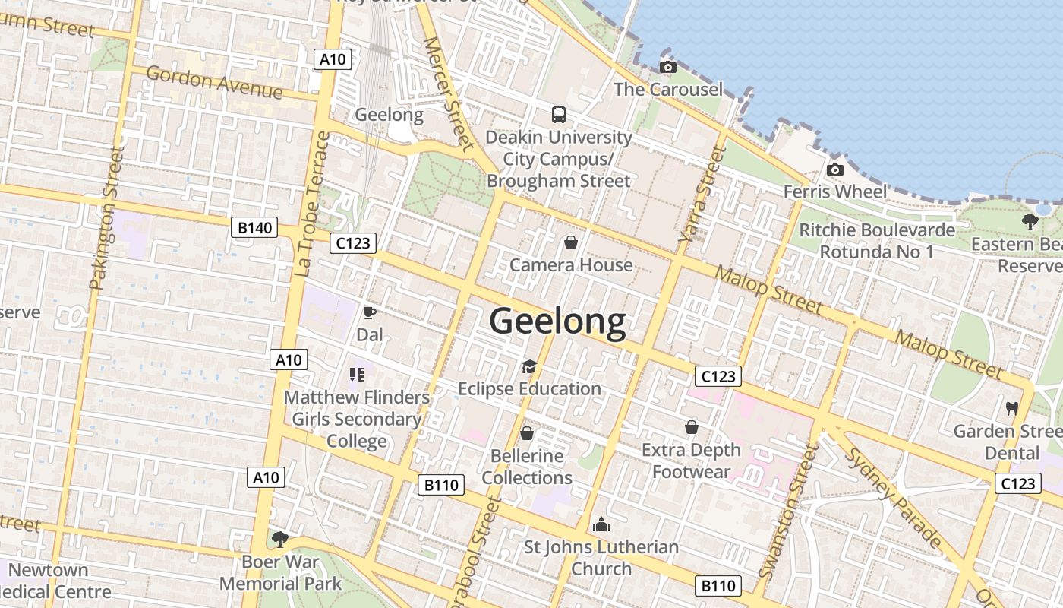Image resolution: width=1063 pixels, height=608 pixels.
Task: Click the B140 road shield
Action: coord(254,227)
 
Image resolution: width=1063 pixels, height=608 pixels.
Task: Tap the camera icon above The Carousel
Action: coord(668,68)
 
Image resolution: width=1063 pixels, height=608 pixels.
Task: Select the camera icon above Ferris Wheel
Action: coord(835,169)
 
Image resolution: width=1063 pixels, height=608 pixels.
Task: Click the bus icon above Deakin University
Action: coord(559,115)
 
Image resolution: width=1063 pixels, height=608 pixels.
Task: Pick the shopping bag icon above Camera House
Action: coord(570,242)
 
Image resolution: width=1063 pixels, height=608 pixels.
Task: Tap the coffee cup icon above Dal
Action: coord(370,312)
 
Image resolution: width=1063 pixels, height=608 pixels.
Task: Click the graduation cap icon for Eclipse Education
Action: coord(529,367)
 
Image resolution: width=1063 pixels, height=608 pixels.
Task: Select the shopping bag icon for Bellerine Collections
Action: coord(527,433)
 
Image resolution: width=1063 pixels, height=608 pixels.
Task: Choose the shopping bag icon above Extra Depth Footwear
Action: coord(692,427)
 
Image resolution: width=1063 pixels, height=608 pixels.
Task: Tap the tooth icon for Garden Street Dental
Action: coord(1011,408)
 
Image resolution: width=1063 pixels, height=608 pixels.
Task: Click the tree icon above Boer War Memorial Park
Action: coord(280,539)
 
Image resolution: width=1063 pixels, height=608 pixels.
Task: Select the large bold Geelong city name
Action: coord(557,321)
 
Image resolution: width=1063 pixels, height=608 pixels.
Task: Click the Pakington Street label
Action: coord(106,219)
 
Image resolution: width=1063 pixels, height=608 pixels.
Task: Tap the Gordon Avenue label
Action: coord(214,83)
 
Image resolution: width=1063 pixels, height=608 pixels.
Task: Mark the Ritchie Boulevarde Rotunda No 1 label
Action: coord(877,240)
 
